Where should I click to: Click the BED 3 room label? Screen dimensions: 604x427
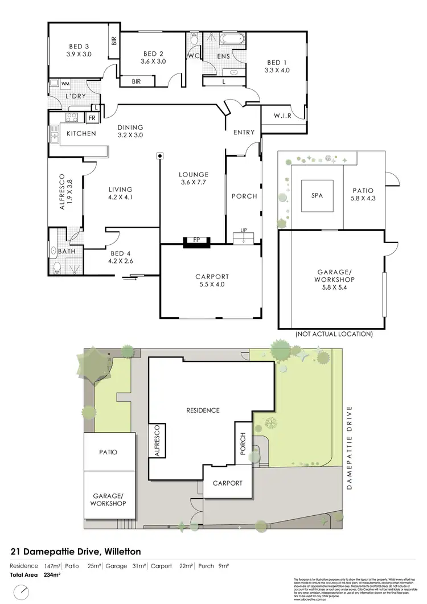click(x=79, y=50)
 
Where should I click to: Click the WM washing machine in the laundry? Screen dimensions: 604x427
click(x=65, y=84)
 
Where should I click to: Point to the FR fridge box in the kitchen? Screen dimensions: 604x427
click(x=92, y=118)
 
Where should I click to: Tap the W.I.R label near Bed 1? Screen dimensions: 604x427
click(x=282, y=116)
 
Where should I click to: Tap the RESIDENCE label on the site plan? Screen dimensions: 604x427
click(x=203, y=410)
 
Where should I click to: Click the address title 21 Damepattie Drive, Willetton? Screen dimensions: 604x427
click(x=76, y=552)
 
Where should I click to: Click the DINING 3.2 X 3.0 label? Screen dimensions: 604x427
click(x=130, y=132)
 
